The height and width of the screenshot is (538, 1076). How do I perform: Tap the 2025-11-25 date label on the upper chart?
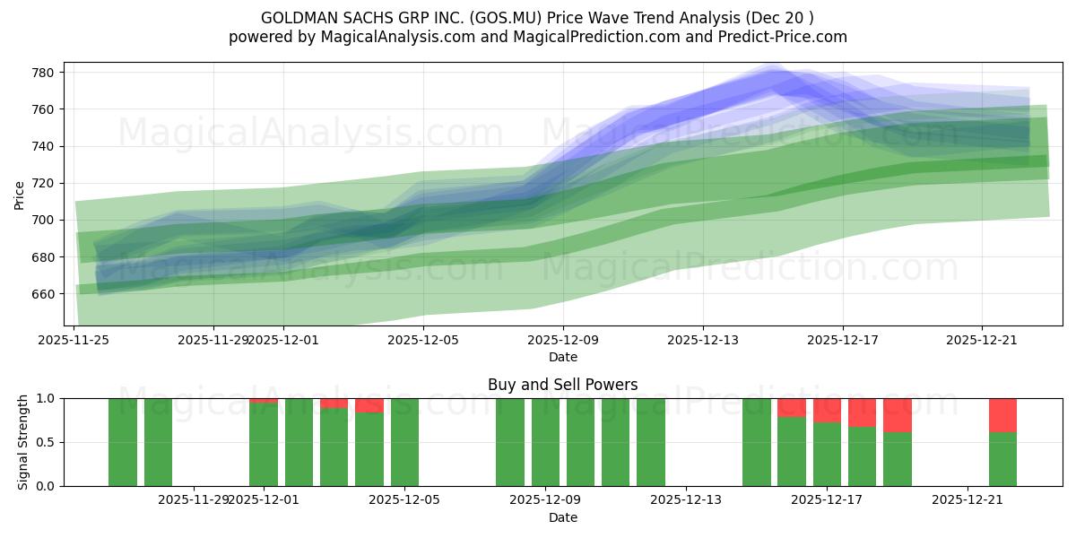(74, 340)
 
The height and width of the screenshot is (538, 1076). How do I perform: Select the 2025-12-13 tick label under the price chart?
(702, 340)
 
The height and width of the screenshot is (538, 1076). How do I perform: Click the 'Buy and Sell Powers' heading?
(562, 385)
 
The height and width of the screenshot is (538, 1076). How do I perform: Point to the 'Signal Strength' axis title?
(23, 442)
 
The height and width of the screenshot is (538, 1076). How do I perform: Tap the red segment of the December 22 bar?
(1002, 415)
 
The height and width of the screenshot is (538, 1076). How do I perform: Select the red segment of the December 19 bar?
(897, 415)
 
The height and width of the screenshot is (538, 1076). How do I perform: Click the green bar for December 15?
(756, 442)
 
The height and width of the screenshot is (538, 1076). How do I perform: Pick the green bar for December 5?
(404, 442)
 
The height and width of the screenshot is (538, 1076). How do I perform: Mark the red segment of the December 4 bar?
(369, 405)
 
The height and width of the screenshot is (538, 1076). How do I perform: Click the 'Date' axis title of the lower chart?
(562, 517)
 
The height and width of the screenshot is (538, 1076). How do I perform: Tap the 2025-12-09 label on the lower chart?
(545, 500)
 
